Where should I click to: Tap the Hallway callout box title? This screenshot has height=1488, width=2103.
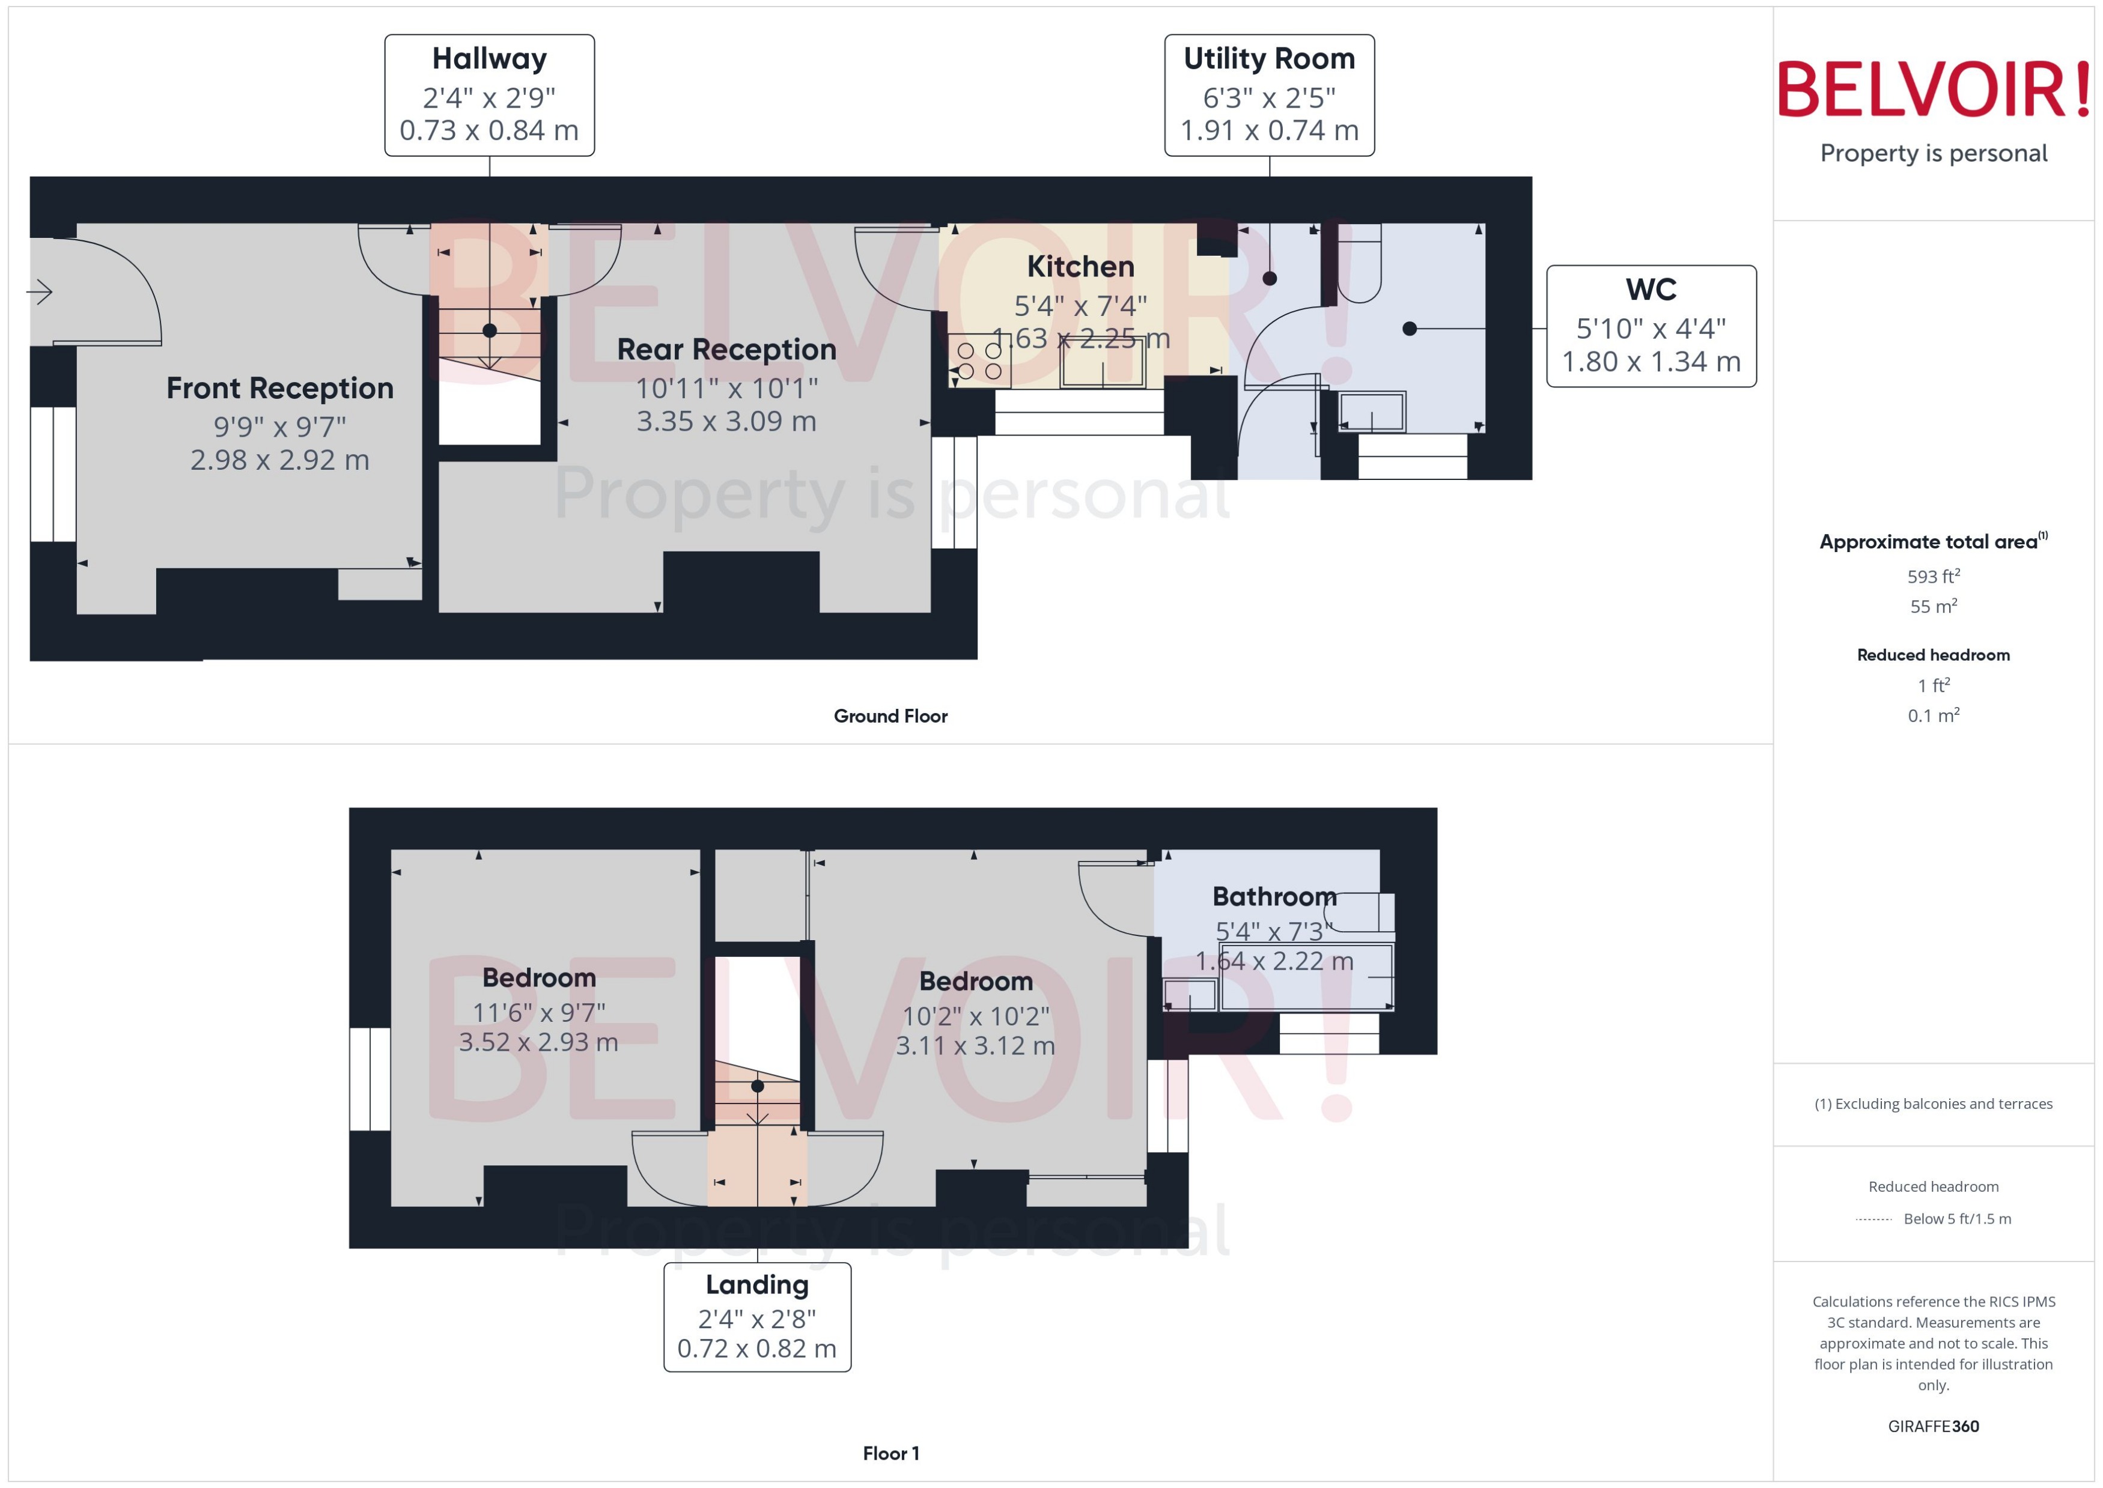[489, 59]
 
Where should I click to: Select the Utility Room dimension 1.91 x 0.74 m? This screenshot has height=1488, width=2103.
[1268, 131]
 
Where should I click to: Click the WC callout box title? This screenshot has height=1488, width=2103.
[1651, 290]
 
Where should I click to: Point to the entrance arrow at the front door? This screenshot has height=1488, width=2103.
[40, 293]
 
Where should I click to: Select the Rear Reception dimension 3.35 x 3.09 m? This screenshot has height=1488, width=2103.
[726, 422]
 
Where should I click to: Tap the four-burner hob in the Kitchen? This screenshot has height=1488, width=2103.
[979, 361]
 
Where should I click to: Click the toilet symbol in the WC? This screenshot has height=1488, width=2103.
[1359, 266]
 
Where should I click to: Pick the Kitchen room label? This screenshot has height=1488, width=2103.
[1080, 267]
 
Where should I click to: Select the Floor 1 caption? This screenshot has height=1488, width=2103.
[890, 1453]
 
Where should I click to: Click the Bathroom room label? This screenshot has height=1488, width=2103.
[1274, 896]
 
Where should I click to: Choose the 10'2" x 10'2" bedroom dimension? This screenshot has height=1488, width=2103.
[975, 1016]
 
